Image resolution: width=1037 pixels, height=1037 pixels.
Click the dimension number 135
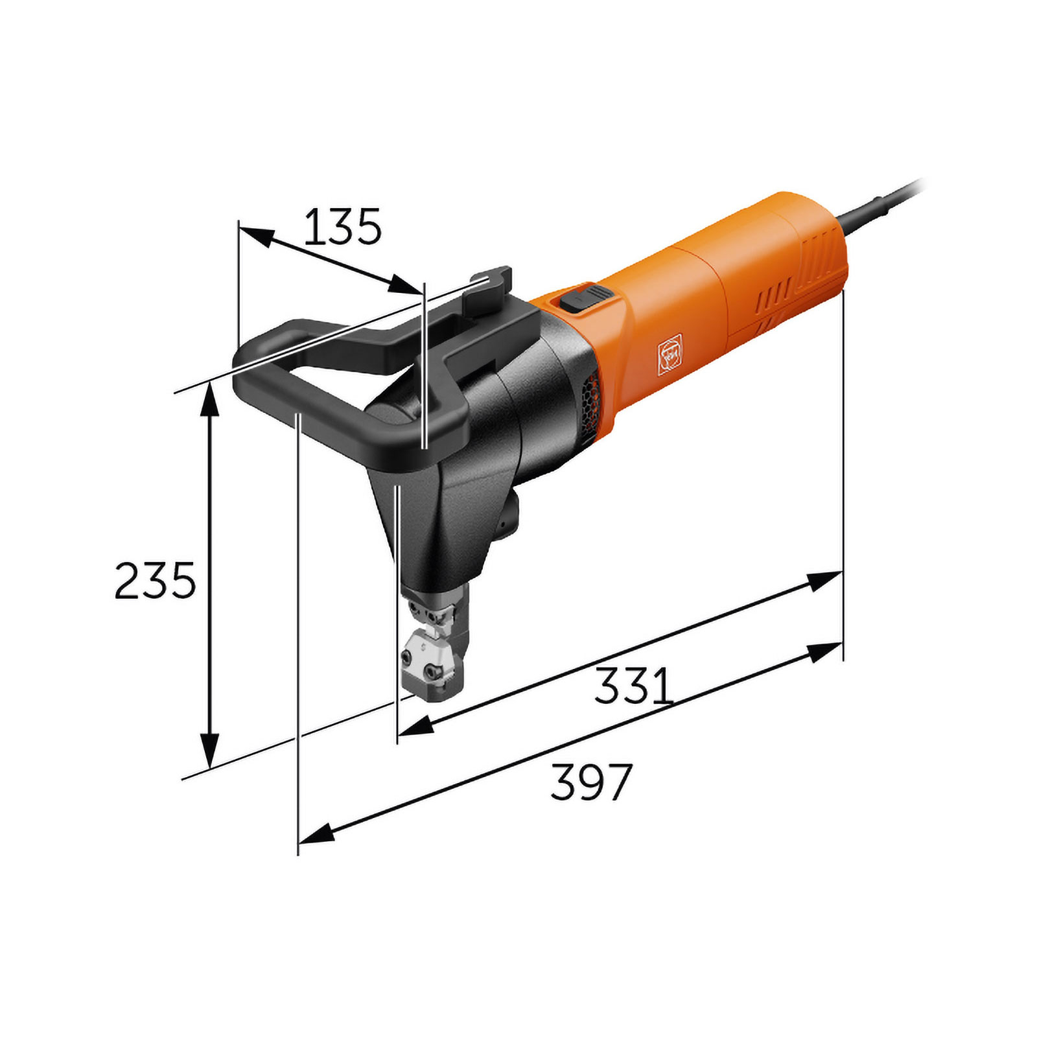coord(342,227)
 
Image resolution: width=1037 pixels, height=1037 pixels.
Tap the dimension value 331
coord(634,686)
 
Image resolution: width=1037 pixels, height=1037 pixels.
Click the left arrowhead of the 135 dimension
coord(254,235)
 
